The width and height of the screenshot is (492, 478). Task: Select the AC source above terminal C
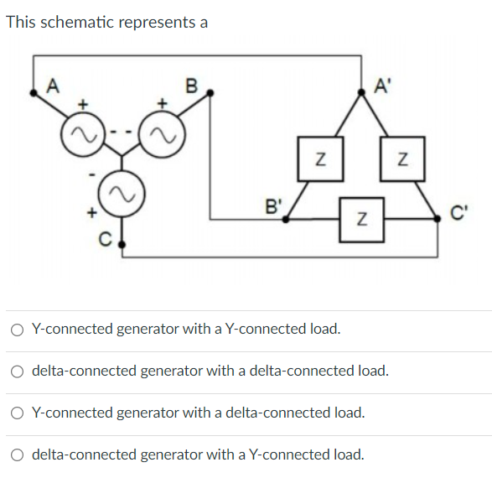[x=123, y=195]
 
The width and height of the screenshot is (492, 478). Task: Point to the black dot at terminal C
[x=123, y=246]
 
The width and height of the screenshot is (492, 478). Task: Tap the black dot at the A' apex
[x=361, y=95]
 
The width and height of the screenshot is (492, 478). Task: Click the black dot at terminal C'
[x=438, y=218]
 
